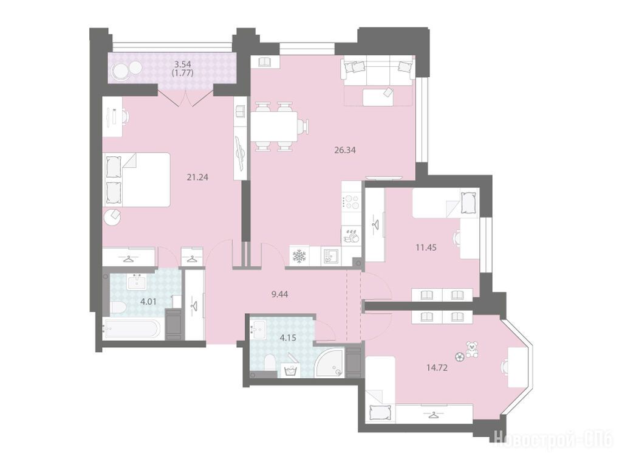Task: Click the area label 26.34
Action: (345, 150)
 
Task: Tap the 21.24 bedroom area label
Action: (197, 177)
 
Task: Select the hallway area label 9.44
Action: (279, 294)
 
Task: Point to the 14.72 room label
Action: (437, 368)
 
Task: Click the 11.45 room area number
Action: (426, 247)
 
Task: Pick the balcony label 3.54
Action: (182, 63)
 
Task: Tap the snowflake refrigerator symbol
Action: (298, 256)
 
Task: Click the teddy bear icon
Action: (472, 349)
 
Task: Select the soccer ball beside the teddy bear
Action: (459, 356)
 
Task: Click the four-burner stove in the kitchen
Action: (351, 202)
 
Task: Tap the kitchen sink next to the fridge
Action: (330, 256)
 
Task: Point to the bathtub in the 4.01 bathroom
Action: (132, 328)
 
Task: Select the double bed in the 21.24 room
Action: (137, 180)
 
